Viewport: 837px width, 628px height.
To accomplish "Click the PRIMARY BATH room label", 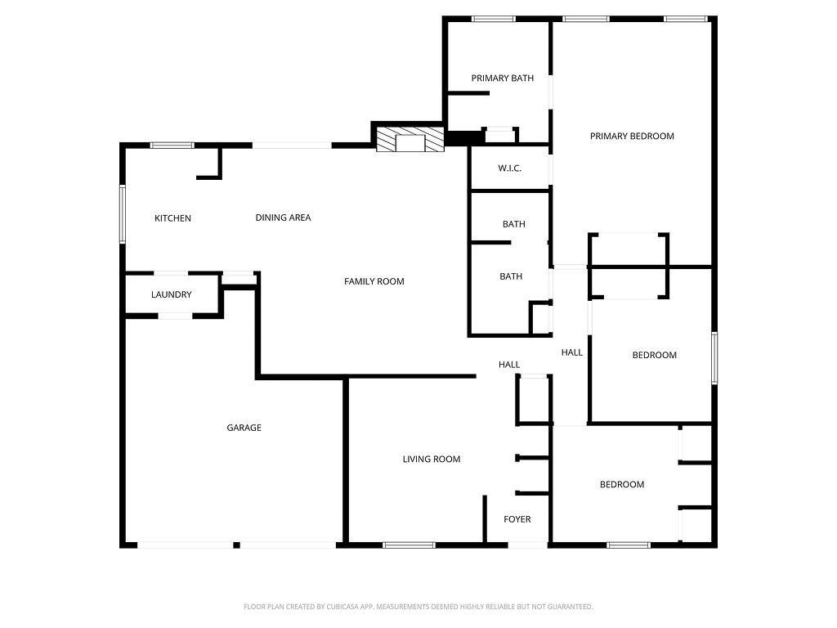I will [502, 78].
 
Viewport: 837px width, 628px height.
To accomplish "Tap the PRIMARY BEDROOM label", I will [632, 137].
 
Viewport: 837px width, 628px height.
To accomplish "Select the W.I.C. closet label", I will [509, 168].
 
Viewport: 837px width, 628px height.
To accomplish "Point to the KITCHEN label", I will [172, 218].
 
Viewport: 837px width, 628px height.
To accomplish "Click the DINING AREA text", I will [283, 218].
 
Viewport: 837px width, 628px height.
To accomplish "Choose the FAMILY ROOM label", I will [374, 281].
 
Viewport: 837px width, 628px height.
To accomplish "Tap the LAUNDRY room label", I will [172, 294].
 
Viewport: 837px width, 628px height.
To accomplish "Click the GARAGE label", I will [244, 428].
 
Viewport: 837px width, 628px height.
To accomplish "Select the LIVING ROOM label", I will [431, 460].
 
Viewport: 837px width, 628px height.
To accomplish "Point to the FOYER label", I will [517, 519].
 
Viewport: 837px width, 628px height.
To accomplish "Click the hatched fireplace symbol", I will [410, 141].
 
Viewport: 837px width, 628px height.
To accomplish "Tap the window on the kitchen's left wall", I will [123, 213].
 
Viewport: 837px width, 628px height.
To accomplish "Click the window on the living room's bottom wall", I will [410, 545].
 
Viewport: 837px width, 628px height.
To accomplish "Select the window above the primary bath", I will [494, 19].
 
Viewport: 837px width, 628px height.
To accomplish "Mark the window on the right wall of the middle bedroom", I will [714, 357].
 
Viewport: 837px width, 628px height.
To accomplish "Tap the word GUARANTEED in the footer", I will [567, 607].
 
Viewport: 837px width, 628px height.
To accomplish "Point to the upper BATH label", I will [513, 224].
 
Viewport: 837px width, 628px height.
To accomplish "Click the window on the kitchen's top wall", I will [172, 146].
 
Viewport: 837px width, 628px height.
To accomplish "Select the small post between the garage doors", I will [236, 545].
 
